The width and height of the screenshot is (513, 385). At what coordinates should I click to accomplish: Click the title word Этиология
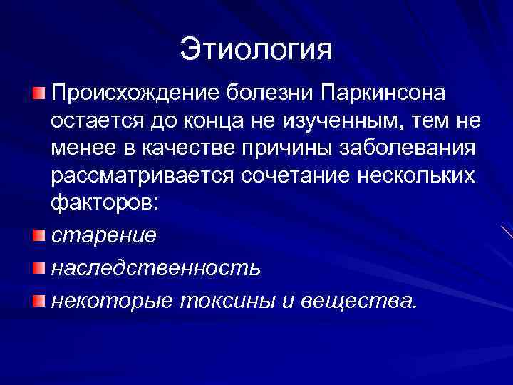point(256,49)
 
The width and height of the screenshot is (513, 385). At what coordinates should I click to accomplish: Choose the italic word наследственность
point(155,268)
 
